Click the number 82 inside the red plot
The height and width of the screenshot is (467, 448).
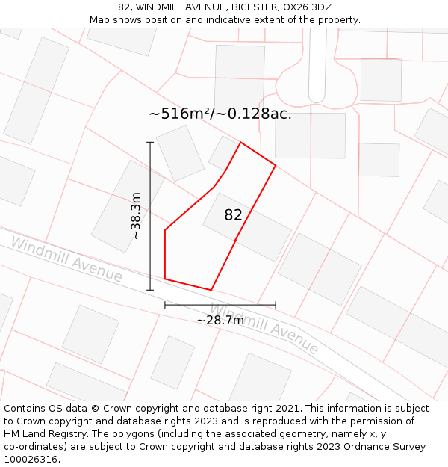(x=233, y=215)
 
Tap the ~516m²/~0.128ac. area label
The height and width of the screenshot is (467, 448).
(x=220, y=114)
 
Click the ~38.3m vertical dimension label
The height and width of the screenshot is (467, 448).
(x=136, y=216)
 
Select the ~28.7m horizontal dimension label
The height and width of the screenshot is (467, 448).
(x=220, y=321)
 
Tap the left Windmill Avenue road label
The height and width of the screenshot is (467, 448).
(x=66, y=260)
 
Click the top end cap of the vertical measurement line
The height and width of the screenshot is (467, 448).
(x=150, y=142)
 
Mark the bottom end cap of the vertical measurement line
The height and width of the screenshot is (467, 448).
(x=150, y=290)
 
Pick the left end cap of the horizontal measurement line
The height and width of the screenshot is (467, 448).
(x=165, y=305)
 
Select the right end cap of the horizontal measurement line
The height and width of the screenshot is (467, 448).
(x=276, y=305)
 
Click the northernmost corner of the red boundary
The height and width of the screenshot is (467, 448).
(x=240, y=142)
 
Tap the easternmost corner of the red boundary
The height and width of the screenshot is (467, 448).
(x=276, y=165)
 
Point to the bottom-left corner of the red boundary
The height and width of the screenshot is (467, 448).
(x=165, y=279)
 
